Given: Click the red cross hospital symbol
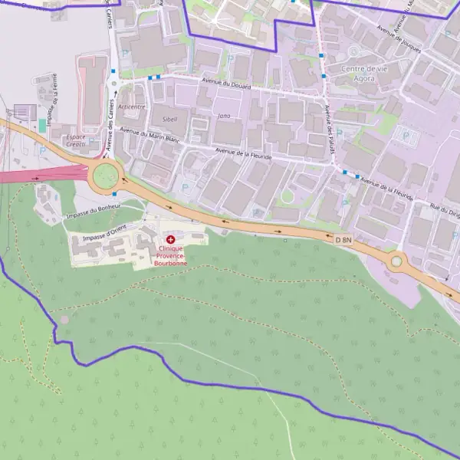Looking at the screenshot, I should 170,240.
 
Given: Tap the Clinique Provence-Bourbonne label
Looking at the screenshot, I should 171,256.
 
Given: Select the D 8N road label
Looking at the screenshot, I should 343,240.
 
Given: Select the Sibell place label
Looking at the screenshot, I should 169,120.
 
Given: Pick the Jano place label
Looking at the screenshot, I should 224,116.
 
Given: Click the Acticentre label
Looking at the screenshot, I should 132,107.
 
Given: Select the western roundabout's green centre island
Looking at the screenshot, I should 105,176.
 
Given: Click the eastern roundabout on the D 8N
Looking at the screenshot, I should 396,261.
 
